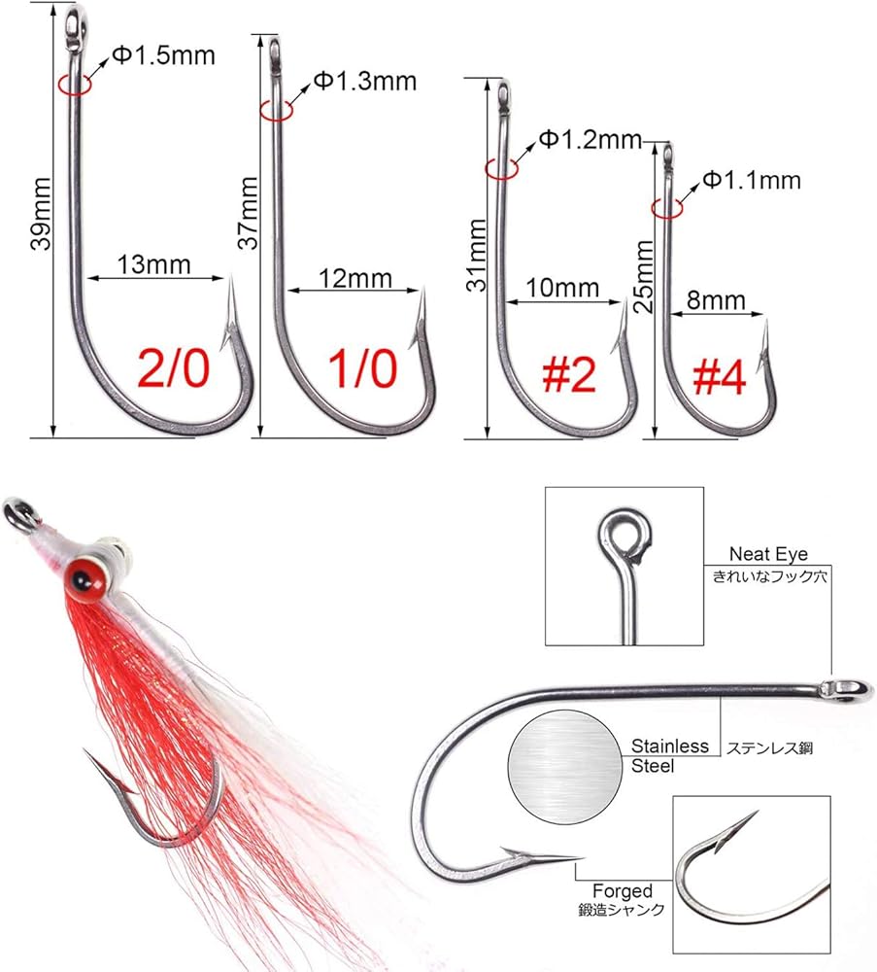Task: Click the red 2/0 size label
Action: [x=174, y=368]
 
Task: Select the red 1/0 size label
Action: [x=362, y=368]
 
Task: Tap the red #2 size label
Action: [x=569, y=374]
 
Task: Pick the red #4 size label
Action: [x=720, y=377]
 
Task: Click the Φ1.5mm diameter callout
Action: [x=163, y=55]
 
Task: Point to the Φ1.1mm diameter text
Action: [x=752, y=181]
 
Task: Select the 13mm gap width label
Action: [x=154, y=264]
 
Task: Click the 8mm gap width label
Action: [x=716, y=300]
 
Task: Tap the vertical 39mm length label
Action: [x=41, y=214]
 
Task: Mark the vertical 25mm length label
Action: [x=644, y=276]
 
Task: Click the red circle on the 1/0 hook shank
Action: [x=276, y=111]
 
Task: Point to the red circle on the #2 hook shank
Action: [x=501, y=168]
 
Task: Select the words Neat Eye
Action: [x=768, y=554]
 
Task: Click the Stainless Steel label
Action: [x=669, y=755]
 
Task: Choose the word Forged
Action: [x=623, y=890]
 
